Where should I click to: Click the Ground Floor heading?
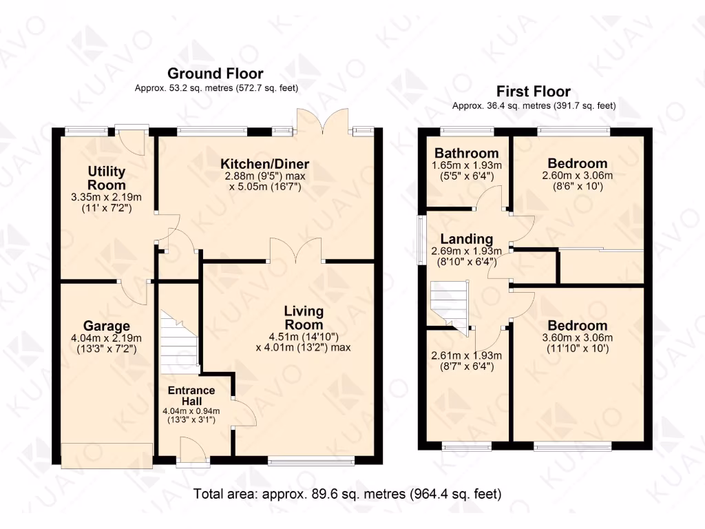[215, 74]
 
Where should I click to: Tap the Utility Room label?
[106, 178]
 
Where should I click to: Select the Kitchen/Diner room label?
[264, 164]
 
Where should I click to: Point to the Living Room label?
[303, 318]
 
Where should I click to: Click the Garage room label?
[106, 326]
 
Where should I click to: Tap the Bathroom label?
[466, 153]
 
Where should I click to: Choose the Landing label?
[466, 239]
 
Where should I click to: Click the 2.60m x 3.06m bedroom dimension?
[577, 175]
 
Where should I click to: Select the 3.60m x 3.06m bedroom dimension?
[577, 338]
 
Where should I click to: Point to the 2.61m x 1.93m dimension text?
[466, 355]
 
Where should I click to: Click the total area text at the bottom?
[347, 494]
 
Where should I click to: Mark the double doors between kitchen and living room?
[295, 251]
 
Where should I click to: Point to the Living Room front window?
[311, 460]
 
